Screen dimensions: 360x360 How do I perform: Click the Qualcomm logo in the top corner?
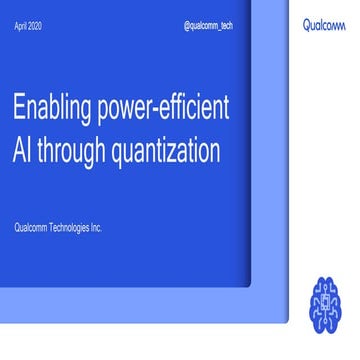325,27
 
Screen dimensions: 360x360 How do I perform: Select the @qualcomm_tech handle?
209,27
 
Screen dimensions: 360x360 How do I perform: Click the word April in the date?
19,28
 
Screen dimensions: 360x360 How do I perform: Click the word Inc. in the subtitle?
96,228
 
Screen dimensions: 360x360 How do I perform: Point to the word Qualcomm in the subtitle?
30,228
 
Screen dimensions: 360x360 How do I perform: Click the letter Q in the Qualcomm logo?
307,27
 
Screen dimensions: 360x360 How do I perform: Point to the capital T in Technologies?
51,228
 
